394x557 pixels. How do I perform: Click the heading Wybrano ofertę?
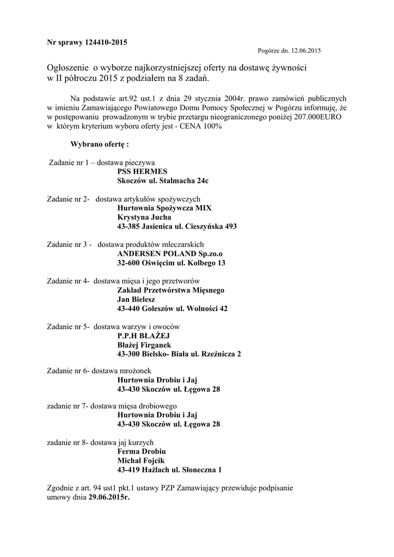coord(100,145)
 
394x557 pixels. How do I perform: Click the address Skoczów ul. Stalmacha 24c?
coord(163,180)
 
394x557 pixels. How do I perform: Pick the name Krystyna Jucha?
coord(144,217)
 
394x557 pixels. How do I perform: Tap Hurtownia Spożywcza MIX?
coord(164,208)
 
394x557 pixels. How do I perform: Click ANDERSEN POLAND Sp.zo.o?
coord(170,254)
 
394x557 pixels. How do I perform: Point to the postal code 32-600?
coord(128,263)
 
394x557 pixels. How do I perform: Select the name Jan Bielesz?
coord(136,300)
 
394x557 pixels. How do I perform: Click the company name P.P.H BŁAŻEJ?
coord(141,336)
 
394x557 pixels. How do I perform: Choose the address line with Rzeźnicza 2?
coord(179,354)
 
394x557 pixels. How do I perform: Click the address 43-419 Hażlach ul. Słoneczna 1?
coord(169,470)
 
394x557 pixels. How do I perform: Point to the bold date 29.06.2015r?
coord(109,497)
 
